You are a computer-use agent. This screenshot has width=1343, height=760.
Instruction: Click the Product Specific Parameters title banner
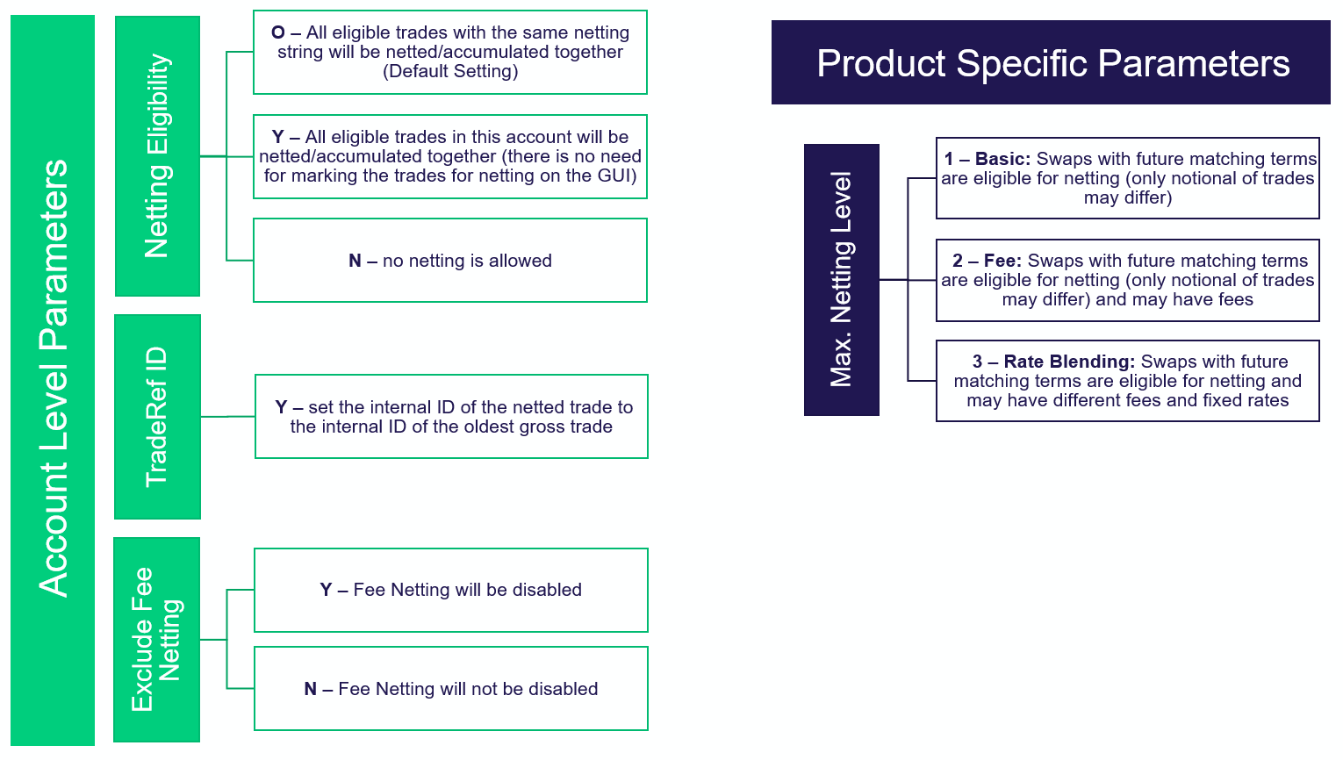point(1051,63)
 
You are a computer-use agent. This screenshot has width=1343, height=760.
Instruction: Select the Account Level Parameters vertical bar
point(53,379)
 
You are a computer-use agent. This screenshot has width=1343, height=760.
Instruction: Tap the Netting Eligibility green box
point(157,156)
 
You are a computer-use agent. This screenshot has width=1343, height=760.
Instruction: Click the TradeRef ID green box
point(157,417)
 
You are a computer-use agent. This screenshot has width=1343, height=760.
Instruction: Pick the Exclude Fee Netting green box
point(156,639)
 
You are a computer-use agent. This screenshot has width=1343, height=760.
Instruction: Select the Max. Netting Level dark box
point(841,279)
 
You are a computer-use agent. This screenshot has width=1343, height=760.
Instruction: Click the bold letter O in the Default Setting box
point(278,32)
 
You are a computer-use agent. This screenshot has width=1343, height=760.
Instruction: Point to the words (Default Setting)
point(450,71)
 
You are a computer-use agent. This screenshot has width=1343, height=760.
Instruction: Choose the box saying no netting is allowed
point(450,261)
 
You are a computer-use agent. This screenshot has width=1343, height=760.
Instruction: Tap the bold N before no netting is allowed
point(355,261)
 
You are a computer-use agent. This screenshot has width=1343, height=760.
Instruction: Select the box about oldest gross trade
point(451,417)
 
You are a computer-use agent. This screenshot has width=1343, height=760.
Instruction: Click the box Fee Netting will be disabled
point(450,590)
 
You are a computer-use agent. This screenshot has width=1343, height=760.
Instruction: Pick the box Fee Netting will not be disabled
point(450,689)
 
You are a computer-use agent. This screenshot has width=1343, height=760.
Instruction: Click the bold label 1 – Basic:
point(987,159)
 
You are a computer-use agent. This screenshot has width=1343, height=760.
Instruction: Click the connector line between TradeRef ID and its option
point(227,417)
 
